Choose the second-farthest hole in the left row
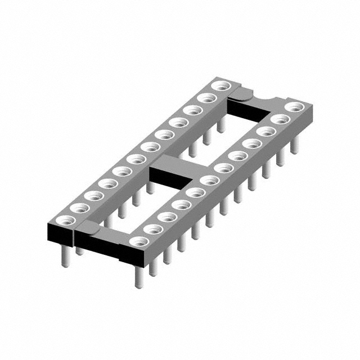tap(208, 98)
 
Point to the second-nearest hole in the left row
tap(79, 208)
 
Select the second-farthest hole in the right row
tap(278, 119)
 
